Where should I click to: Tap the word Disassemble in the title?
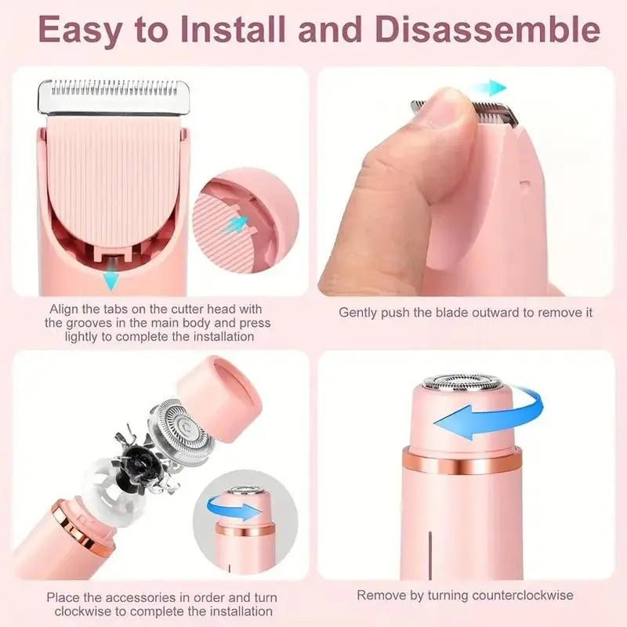coord(486,31)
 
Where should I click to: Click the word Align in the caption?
coord(64,309)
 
